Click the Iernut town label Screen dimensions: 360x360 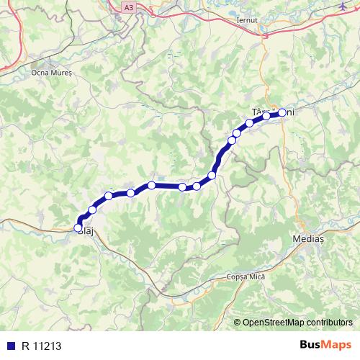tap(246, 21)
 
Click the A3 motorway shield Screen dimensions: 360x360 tap(128, 6)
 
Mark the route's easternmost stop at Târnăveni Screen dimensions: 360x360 tap(282, 112)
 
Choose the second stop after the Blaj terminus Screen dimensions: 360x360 tap(109, 196)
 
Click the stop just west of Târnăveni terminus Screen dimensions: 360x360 tap(266, 116)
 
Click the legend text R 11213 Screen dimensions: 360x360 tap(42, 345)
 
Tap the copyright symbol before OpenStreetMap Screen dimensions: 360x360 tap(238, 322)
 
